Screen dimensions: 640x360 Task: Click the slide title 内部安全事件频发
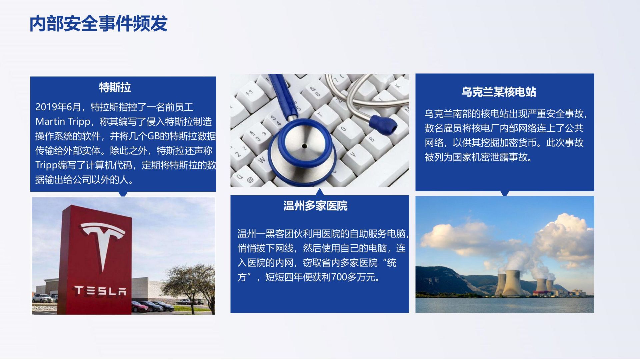tap(99, 24)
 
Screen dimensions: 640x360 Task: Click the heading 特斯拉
tap(115, 87)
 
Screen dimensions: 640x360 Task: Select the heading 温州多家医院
tap(315, 206)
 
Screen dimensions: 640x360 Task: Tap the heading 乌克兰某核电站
tap(499, 92)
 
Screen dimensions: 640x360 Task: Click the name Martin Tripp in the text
tap(62, 122)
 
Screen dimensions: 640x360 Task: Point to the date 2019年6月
tap(58, 107)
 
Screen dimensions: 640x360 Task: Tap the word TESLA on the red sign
tap(100, 291)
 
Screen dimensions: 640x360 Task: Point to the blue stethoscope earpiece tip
tap(383, 125)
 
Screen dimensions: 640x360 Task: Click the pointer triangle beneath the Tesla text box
tap(123, 194)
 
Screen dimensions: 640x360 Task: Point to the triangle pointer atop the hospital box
tap(320, 192)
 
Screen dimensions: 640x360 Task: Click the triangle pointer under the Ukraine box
tap(505, 193)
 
